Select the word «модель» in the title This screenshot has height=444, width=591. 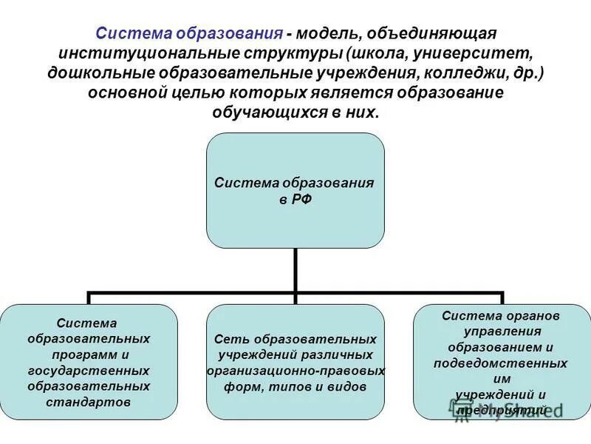(x=331, y=34)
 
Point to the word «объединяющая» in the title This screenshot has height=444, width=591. (x=440, y=34)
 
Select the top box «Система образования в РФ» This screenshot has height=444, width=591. (x=295, y=190)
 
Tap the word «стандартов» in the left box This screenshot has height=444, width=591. (x=89, y=403)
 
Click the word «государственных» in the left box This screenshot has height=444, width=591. (x=89, y=371)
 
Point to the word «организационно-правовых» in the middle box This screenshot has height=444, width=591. (x=295, y=371)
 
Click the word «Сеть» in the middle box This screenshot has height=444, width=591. (x=228, y=339)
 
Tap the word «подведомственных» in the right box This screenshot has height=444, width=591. (x=501, y=363)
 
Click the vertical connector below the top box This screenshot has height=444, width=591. (x=295, y=270)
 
